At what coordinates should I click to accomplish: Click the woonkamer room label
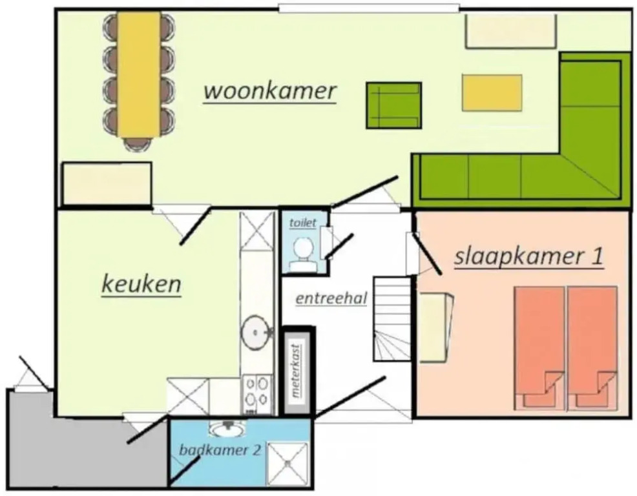(270, 92)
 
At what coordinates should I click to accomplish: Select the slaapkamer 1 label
(528, 256)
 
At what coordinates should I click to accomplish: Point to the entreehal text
(331, 298)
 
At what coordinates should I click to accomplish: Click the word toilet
(302, 223)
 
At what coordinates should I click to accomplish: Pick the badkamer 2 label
(220, 449)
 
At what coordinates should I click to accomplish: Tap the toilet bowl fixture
(302, 254)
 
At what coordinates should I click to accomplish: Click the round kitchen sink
(255, 333)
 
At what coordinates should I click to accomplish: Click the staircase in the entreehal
(392, 318)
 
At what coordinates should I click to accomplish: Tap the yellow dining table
(139, 74)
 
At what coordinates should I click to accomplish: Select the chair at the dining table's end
(138, 144)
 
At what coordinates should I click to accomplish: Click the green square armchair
(393, 106)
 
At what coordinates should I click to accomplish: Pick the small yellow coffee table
(492, 92)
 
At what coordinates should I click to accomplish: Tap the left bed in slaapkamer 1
(539, 348)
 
